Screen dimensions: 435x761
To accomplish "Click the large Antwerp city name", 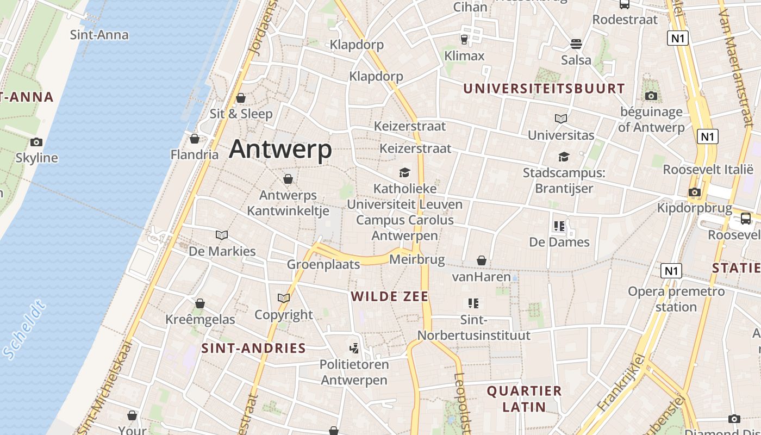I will click(x=280, y=150).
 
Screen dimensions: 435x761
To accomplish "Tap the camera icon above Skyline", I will click(x=36, y=142).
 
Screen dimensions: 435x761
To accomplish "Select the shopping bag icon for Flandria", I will click(x=195, y=139).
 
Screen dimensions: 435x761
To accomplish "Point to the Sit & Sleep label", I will click(x=241, y=114).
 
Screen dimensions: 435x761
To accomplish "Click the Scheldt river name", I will click(x=24, y=331).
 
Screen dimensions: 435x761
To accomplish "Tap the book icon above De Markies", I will click(x=222, y=235).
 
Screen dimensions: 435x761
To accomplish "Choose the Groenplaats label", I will click(x=323, y=265).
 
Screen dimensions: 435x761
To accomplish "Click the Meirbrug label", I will click(x=417, y=260).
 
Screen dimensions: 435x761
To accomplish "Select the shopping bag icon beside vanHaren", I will click(x=481, y=261).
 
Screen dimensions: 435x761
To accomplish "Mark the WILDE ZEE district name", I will click(x=390, y=296).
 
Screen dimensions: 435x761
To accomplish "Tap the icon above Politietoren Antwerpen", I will click(x=354, y=348).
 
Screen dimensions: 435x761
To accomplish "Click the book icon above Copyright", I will click(x=284, y=299).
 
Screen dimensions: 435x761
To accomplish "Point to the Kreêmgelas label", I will click(x=200, y=319).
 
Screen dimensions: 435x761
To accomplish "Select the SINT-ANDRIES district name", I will click(x=254, y=349).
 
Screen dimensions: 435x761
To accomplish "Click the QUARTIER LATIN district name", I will click(x=524, y=399).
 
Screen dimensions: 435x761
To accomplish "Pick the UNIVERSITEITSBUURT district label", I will click(x=544, y=88).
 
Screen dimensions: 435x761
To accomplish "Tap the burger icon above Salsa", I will click(x=576, y=44).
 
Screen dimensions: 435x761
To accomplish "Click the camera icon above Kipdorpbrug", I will click(x=694, y=192).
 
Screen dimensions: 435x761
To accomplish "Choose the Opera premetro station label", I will click(x=676, y=299).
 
